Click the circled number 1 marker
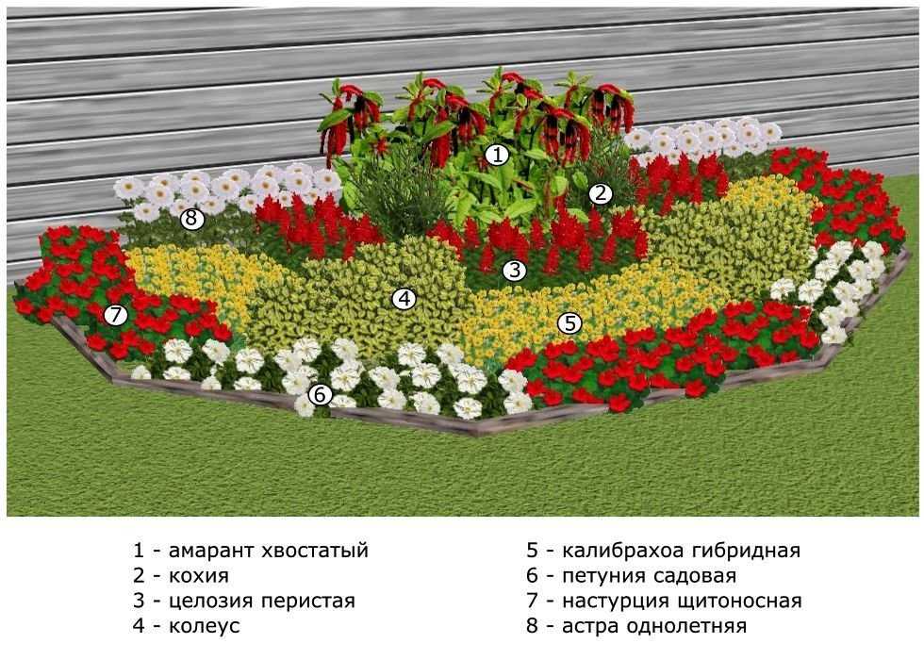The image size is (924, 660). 497,154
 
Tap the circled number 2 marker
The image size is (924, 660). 601,194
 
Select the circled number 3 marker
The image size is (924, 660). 513,271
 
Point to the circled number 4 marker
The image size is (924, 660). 404,299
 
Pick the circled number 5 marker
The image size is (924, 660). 569,323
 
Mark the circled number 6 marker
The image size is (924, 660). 321,394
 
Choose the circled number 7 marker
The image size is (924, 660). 116,315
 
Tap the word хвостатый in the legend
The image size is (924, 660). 318,551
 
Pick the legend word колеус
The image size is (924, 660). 205,626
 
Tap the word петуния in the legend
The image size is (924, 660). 600,576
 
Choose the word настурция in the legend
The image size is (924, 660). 613,602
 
